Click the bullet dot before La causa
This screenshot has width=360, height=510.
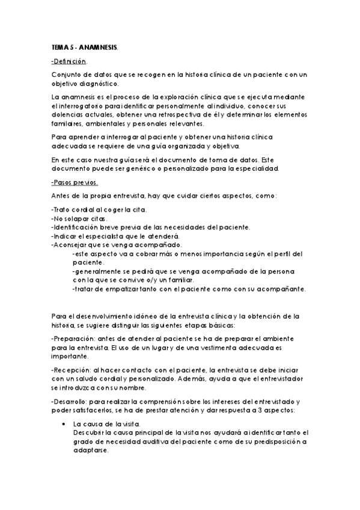tap(64, 424)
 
